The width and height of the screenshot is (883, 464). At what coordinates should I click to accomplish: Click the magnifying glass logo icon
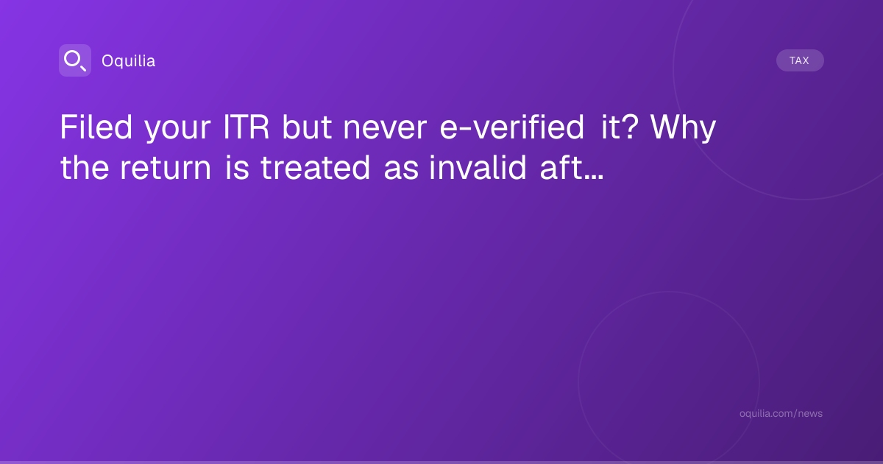[75, 60]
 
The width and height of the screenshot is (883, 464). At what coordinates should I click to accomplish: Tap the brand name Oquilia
[129, 60]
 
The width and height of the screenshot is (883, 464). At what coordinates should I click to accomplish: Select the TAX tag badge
[800, 60]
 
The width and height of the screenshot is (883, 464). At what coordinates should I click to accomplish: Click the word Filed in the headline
[96, 127]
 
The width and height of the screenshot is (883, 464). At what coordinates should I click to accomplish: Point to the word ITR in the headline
[247, 127]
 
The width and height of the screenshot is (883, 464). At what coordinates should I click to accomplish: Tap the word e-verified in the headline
[511, 127]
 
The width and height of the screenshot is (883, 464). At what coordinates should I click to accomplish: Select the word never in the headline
[385, 130]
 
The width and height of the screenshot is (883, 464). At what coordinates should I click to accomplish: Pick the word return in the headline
[166, 169]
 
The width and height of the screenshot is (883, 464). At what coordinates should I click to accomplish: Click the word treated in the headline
[316, 167]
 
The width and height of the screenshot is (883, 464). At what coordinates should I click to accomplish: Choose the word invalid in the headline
[478, 167]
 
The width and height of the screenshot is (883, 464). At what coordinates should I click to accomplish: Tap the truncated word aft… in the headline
[572, 167]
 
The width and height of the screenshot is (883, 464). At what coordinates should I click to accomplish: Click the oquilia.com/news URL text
[781, 413]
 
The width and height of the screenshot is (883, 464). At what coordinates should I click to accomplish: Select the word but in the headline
[307, 127]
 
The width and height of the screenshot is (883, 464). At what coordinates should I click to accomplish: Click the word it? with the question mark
[620, 127]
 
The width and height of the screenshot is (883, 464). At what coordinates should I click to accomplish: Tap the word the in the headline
[85, 167]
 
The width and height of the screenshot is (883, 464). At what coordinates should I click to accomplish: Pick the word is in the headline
[237, 167]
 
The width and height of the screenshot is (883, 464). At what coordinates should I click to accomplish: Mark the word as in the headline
[401, 171]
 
